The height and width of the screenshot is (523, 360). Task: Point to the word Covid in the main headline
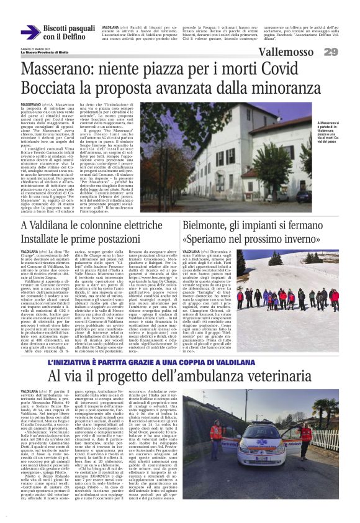286,68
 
